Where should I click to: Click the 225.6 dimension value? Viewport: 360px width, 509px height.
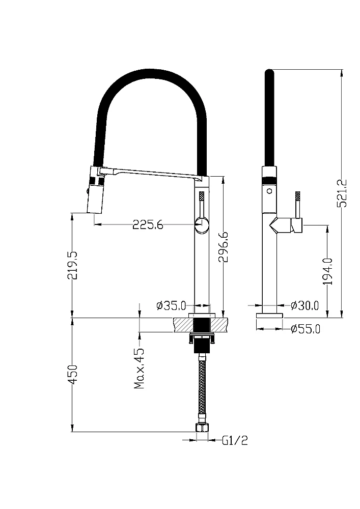(x=148, y=224)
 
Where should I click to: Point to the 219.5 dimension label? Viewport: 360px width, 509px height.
(x=72, y=265)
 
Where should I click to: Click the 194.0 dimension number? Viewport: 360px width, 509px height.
(x=328, y=271)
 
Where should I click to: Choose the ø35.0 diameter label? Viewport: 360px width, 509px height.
(x=171, y=305)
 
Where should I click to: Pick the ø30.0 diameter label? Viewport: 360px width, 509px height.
(x=305, y=305)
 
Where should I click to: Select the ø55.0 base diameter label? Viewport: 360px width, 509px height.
(x=306, y=329)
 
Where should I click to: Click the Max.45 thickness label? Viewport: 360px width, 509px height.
(x=140, y=369)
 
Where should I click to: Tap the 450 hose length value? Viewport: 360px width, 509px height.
(x=72, y=374)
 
